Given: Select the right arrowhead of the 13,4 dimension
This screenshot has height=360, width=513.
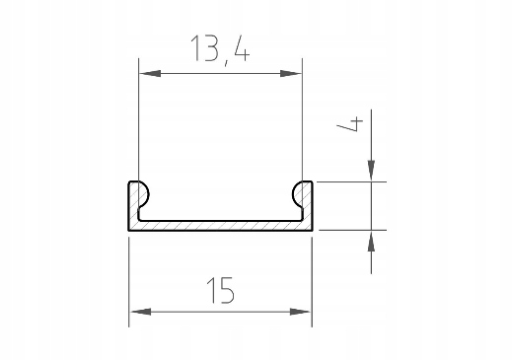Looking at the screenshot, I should [x=291, y=72].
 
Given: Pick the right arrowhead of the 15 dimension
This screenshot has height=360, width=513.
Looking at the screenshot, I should [x=302, y=313].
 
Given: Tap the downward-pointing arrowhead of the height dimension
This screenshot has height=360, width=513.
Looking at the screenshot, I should [x=371, y=171].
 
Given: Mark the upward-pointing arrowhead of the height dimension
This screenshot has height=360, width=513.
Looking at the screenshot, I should [x=371, y=242].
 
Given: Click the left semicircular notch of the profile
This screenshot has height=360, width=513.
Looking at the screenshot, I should [x=141, y=191].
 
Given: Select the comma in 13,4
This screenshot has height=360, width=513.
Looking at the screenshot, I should [x=226, y=58].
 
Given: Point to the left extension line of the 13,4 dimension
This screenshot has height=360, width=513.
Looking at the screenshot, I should [x=138, y=128].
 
